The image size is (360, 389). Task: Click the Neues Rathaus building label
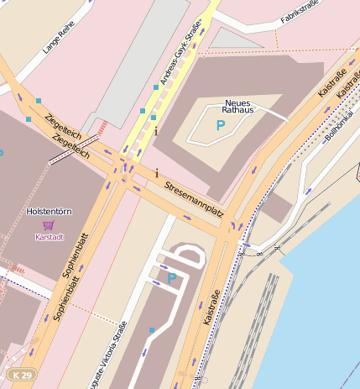pos(237,106)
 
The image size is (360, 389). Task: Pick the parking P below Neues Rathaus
pos(221,126)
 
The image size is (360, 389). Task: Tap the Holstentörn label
pos(47,211)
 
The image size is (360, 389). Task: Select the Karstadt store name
pos(49,237)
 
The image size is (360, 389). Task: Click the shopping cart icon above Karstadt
pos(49,225)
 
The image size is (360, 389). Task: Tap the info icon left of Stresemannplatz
pos(156,173)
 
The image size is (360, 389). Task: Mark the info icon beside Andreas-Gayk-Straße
pos(155,131)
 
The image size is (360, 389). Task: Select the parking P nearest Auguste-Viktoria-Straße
pos(172,277)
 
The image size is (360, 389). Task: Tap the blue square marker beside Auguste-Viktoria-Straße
pos(151,330)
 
